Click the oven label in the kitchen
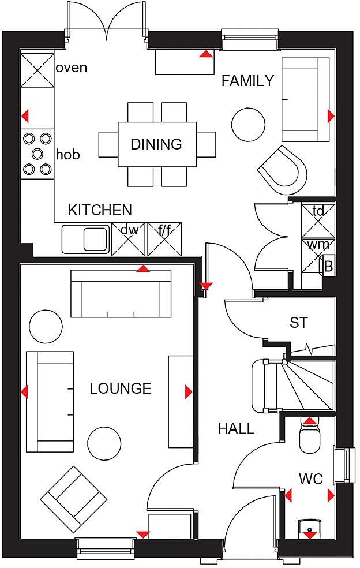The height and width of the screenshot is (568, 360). pos(72,68)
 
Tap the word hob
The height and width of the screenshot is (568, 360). pos(68,155)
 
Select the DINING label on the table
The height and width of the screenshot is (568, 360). pos(156,144)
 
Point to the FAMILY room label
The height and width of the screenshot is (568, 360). pos(247,81)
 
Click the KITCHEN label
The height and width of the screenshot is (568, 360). pos(100,210)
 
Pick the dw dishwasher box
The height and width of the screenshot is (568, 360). pos(129,239)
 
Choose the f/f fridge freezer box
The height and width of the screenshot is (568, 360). pos(165,239)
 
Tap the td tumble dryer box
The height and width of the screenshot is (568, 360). pos(318,221)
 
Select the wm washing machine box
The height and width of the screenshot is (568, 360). pos(314,253)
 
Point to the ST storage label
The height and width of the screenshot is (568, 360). pos(298,323)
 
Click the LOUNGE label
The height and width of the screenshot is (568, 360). pos(121,388)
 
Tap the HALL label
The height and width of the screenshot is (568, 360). pos(236,428)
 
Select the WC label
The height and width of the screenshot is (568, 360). pos(310,479)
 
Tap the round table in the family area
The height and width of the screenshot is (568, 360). pos(249,122)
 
